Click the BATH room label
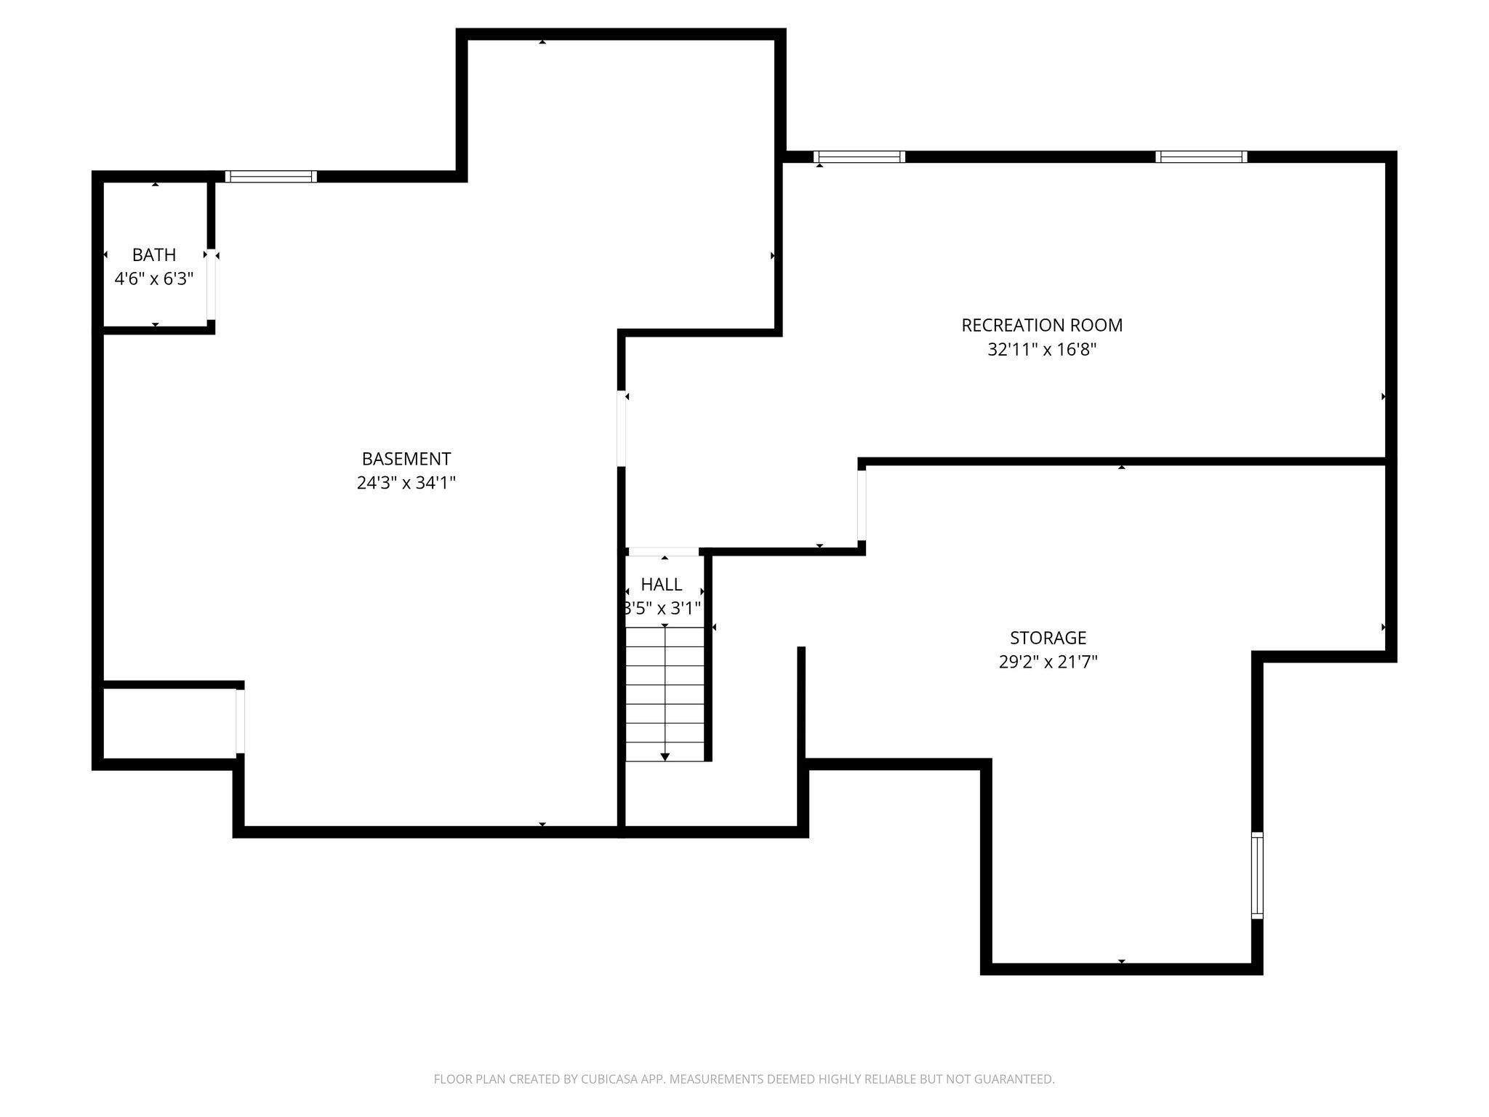tap(154, 255)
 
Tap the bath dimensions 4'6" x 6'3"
tap(154, 279)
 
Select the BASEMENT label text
tap(406, 459)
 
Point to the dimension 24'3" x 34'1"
tap(406, 483)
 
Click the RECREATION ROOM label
tap(1042, 325)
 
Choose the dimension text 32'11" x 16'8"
tap(1042, 350)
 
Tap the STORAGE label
tap(1048, 638)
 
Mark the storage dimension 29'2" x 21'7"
tap(1048, 662)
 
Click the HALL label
tap(662, 584)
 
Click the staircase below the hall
tap(665, 694)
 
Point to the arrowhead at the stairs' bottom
tap(665, 757)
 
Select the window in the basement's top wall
tap(271, 176)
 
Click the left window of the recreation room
tap(859, 156)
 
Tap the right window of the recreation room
tap(1201, 156)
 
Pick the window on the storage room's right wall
tap(1257, 876)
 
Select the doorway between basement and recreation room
tap(622, 428)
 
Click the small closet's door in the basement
tap(240, 721)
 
